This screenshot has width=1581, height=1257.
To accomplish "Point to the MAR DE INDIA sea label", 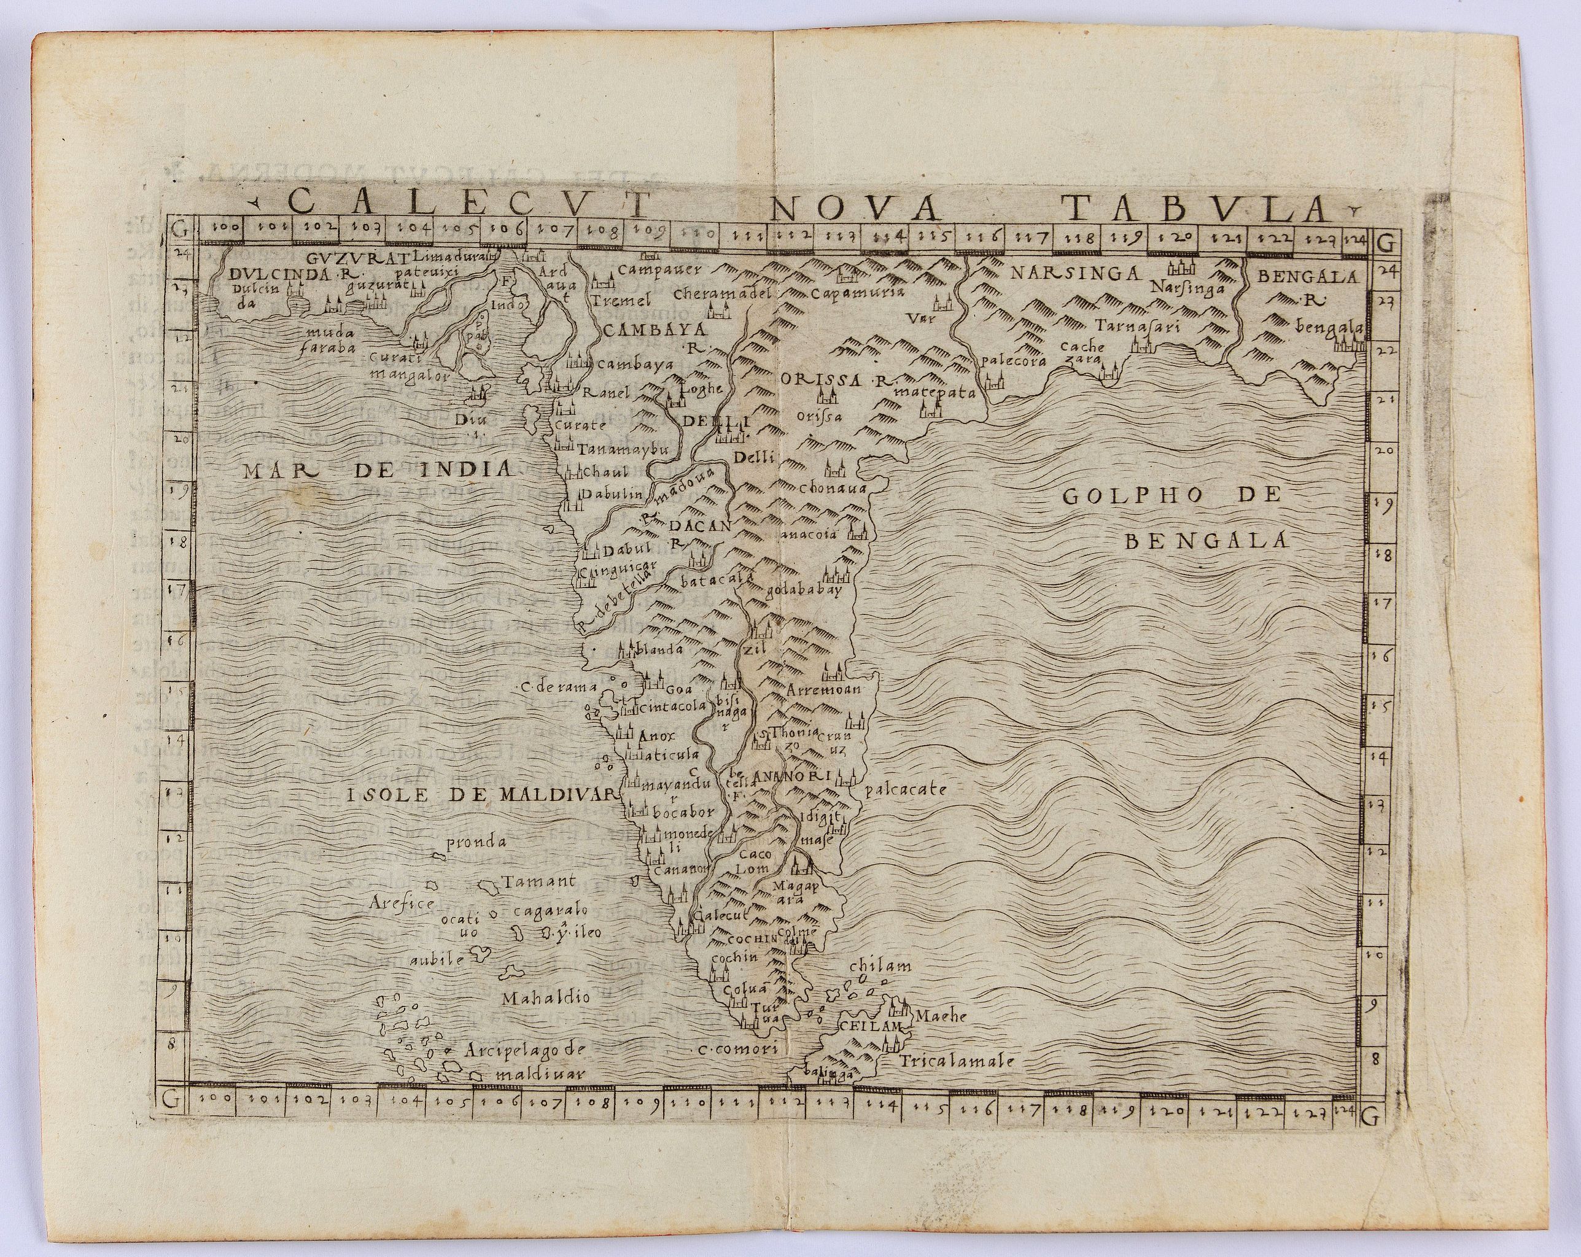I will tap(377, 469).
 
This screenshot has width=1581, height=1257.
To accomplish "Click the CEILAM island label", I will tap(869, 1026).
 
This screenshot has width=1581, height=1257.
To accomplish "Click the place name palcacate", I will tap(906, 790).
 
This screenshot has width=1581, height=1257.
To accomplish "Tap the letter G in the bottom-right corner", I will tap(1370, 1117).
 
